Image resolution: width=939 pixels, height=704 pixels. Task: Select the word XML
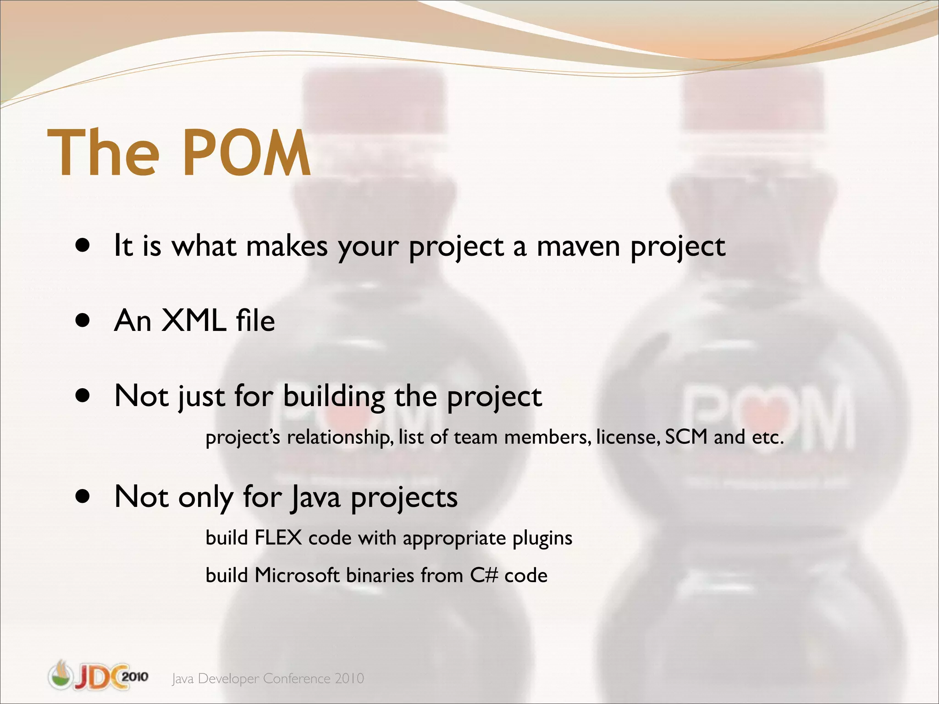[193, 320]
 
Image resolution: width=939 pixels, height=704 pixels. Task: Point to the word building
[334, 396]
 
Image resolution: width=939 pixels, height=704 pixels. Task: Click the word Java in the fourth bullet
[316, 497]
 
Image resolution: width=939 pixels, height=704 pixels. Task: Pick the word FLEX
[278, 538]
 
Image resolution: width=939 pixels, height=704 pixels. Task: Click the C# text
[484, 575]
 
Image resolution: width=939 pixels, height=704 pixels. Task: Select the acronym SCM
[686, 437]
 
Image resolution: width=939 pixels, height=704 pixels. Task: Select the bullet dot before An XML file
[83, 321]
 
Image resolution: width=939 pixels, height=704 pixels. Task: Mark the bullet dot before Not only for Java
[83, 496]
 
